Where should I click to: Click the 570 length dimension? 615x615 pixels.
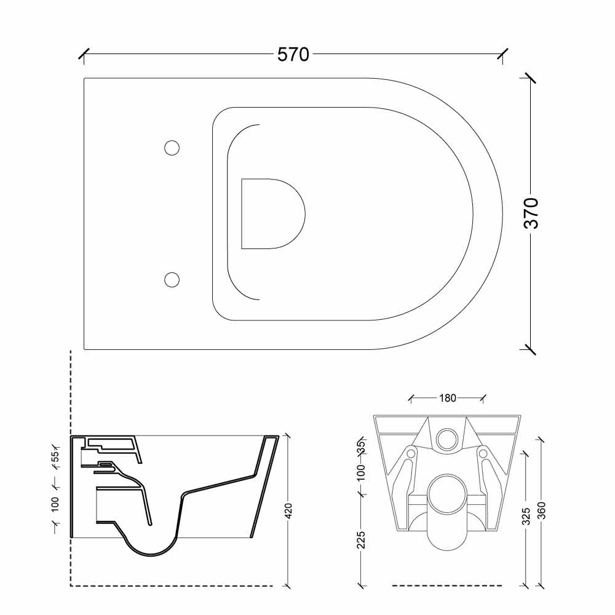tap(293, 55)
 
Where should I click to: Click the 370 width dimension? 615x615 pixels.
tap(531, 213)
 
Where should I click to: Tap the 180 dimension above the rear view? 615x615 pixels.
tap(448, 398)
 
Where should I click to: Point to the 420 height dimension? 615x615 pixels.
tap(288, 510)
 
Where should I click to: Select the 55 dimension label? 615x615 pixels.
tap(55, 456)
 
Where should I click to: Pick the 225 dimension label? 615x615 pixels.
tap(361, 540)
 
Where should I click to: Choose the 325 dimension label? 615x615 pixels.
tap(526, 516)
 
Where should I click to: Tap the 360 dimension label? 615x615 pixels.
tap(541, 510)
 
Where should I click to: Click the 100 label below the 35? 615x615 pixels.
tap(361, 472)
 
